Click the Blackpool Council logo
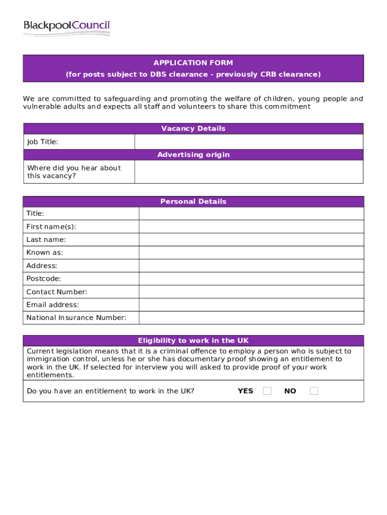point(66,28)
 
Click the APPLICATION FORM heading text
point(193,63)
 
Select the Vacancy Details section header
point(193,129)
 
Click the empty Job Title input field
point(249,142)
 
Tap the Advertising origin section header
point(193,155)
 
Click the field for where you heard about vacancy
point(249,172)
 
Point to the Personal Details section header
point(193,202)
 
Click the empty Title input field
point(251,214)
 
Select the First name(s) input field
point(251,227)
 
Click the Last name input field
point(251,240)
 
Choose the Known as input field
point(251,252)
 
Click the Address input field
point(251,266)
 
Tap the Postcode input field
point(251,279)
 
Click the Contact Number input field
point(251,292)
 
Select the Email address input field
point(251,305)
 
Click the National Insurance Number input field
point(251,318)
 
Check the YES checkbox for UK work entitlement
point(267,391)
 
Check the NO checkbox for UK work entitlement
point(314,391)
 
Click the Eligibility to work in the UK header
point(193,341)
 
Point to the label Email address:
point(53,305)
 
